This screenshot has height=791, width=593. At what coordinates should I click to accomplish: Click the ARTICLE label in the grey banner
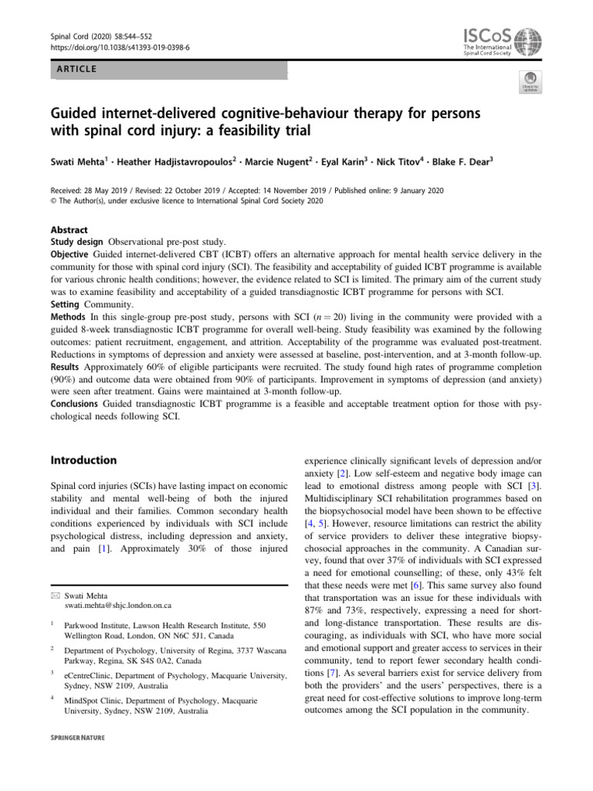point(76,70)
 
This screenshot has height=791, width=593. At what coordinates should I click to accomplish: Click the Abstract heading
point(69,230)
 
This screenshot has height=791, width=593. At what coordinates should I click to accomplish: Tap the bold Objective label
point(71,254)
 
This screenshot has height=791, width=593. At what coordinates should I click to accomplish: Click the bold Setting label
point(66,304)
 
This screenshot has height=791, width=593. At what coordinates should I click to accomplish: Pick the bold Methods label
point(69,317)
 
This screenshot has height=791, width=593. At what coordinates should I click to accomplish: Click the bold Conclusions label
point(77,404)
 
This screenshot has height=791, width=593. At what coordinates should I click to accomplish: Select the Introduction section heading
point(83,460)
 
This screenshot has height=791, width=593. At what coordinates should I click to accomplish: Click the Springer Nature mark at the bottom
point(77,738)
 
